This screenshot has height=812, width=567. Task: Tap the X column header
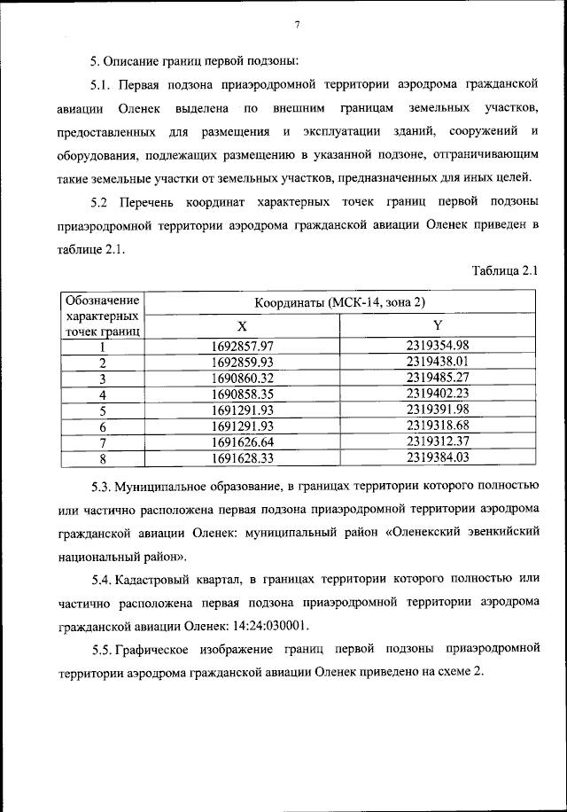(x=243, y=325)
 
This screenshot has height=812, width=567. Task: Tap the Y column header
(x=437, y=325)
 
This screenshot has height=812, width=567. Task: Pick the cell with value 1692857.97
(x=243, y=347)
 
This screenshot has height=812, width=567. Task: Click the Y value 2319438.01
(x=437, y=362)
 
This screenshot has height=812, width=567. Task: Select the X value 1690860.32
(x=243, y=378)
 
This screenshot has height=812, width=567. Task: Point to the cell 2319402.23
(x=437, y=394)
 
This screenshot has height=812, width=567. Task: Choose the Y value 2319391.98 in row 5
(x=437, y=410)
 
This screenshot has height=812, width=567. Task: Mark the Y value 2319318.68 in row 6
(x=437, y=426)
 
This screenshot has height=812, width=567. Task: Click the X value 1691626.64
(x=243, y=441)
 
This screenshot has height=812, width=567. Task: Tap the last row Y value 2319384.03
(x=437, y=457)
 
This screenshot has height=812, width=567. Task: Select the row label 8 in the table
(x=103, y=458)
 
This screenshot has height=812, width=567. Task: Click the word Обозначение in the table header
(x=103, y=301)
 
